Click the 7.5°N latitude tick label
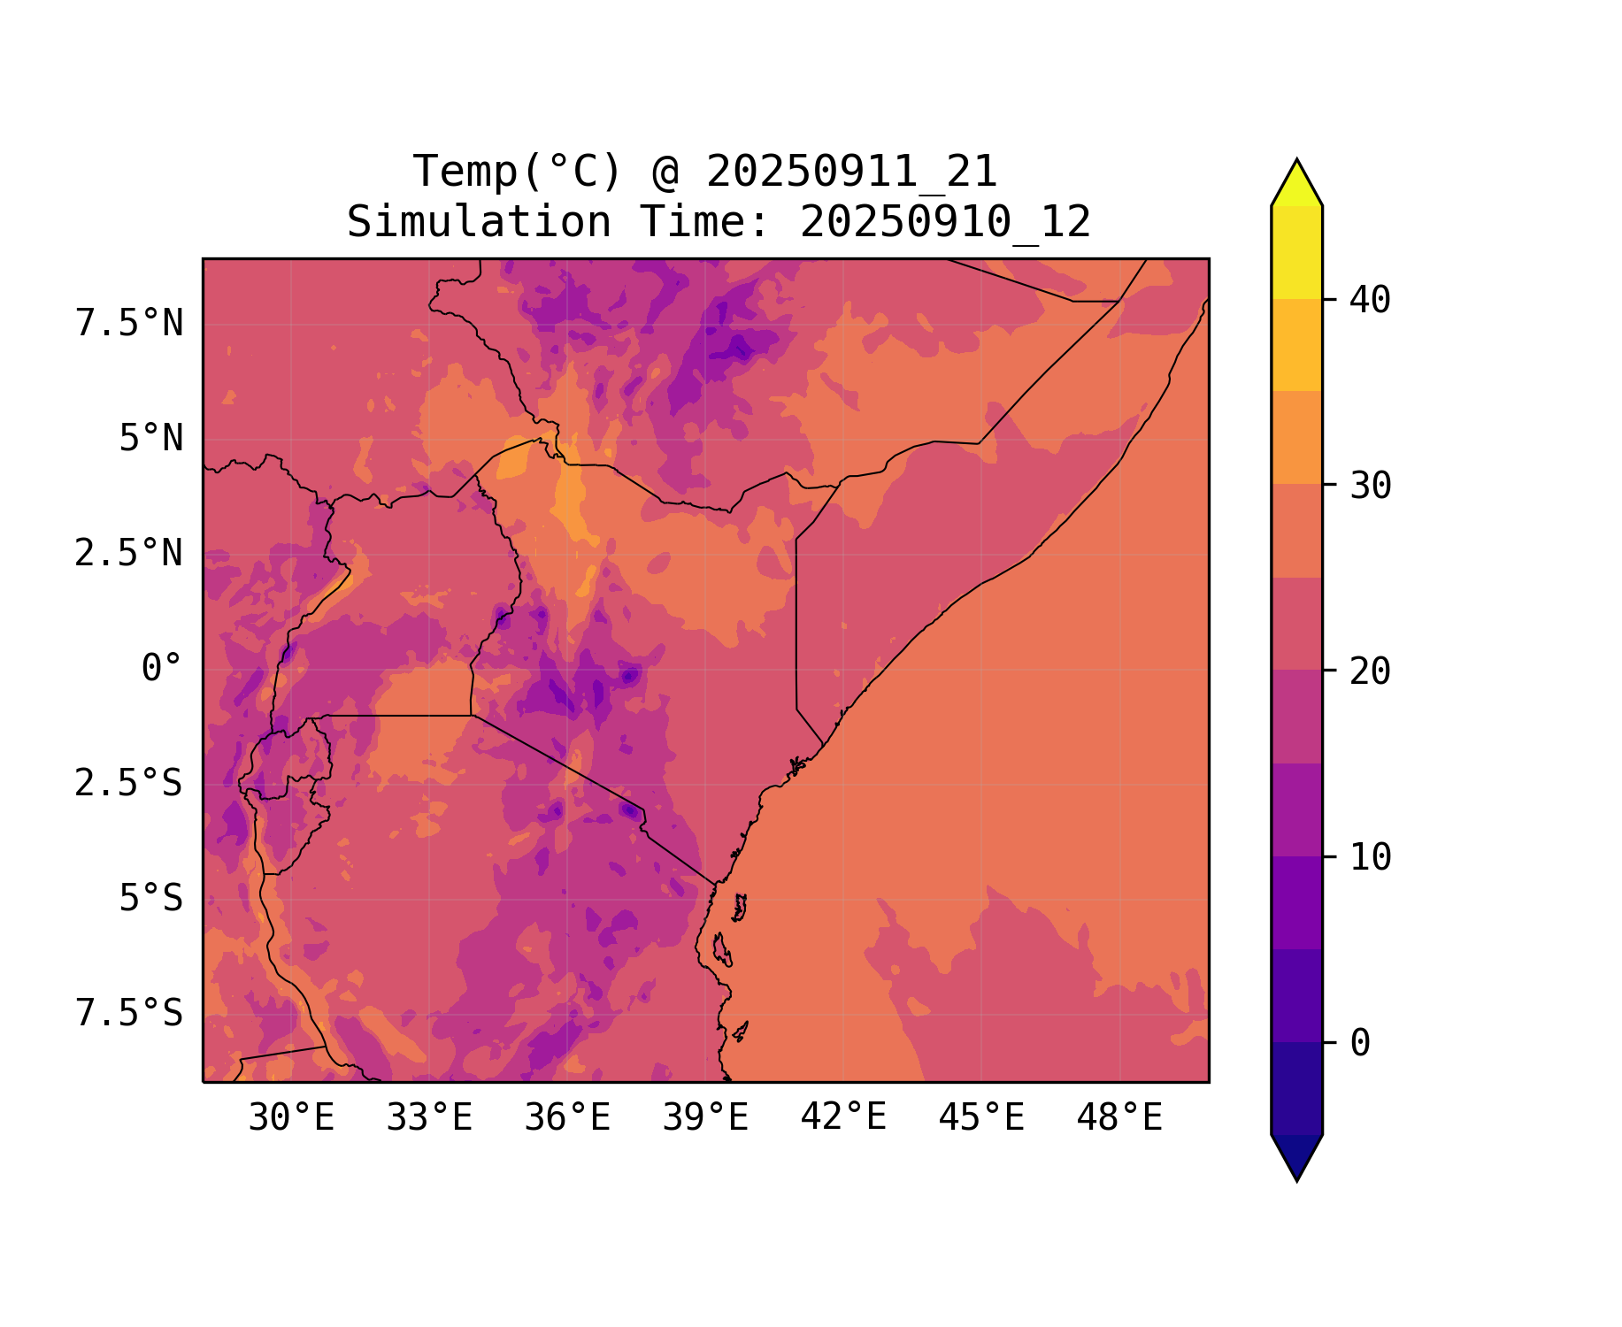(129, 324)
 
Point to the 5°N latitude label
(150, 439)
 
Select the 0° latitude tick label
(161, 669)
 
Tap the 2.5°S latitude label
(129, 784)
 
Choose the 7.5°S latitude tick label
(129, 1014)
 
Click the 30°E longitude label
(291, 1118)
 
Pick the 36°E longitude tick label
(567, 1118)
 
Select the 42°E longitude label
(843, 1118)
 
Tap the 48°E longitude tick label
(1119, 1118)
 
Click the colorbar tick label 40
(1370, 301)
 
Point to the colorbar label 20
(1370, 671)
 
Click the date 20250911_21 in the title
(851, 172)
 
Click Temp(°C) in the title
(517, 172)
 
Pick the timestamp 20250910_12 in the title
(945, 222)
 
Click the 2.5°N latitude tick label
(129, 554)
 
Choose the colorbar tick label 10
(1370, 857)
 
